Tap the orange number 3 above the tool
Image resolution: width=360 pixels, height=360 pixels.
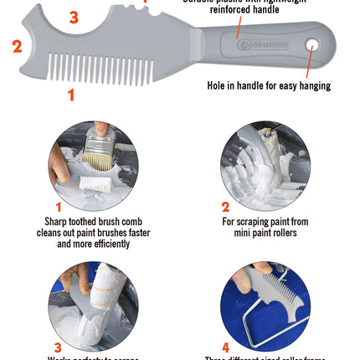(74, 17)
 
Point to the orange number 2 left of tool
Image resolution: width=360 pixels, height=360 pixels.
(17, 46)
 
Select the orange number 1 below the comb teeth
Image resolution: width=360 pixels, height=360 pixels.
(71, 95)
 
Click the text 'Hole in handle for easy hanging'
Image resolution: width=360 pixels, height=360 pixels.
(269, 85)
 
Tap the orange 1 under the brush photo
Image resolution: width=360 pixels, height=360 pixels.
(59, 207)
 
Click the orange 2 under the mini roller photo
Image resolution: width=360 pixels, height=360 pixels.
(225, 207)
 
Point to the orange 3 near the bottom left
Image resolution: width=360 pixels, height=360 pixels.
(58, 347)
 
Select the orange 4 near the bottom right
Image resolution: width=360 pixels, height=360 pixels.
(225, 347)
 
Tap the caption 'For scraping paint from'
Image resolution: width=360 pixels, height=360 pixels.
(265, 222)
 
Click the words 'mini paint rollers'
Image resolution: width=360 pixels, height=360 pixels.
(265, 234)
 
